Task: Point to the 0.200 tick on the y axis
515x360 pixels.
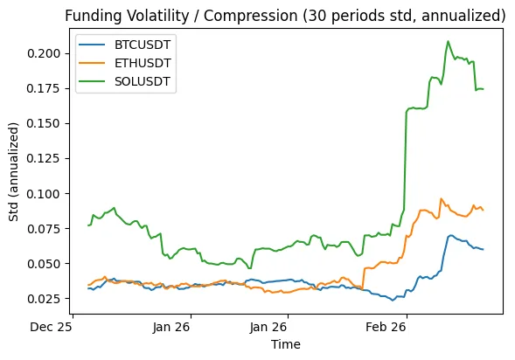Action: (44, 53)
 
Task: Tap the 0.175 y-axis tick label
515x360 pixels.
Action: (44, 88)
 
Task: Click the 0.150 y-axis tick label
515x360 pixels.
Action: (44, 123)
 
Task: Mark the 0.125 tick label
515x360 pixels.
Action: (44, 158)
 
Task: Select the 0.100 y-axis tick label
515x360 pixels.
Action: (44, 193)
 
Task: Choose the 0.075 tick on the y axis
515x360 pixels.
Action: (44, 228)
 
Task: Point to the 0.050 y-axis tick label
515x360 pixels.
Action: (44, 263)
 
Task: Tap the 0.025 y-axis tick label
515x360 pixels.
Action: (44, 298)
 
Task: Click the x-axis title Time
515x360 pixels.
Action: (285, 344)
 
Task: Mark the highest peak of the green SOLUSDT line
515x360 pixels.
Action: (449, 41)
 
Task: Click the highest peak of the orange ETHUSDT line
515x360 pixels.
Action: (442, 198)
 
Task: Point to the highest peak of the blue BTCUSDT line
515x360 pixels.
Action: (451, 235)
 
